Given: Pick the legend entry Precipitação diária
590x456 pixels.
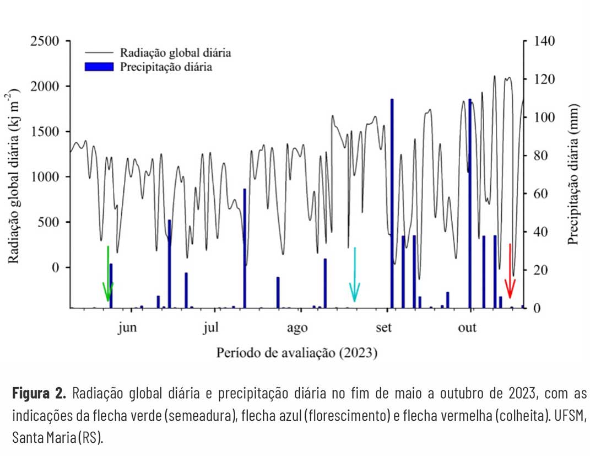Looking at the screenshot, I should coord(166,67).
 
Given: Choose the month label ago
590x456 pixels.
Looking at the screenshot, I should coord(297,328).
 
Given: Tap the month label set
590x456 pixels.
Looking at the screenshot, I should coord(383,328).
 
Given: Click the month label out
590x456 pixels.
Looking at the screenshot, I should coord(467,328).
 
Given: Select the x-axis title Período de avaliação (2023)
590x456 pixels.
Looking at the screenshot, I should coord(296,352).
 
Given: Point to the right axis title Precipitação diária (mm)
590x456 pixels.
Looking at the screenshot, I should coord(573,174).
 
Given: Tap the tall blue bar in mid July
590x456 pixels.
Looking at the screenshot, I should coord(245,248).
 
